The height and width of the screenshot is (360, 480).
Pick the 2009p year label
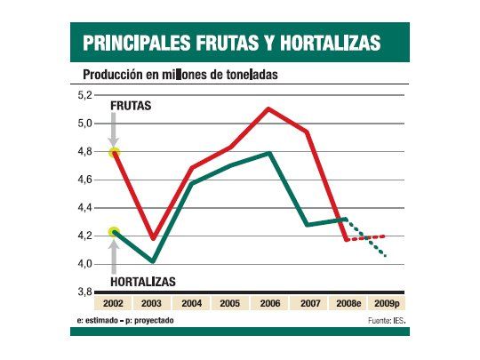tap(386, 303)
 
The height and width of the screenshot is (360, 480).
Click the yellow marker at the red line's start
tap(114, 153)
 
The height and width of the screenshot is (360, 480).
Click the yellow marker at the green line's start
tap(114, 232)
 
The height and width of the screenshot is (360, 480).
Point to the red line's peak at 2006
tap(268, 108)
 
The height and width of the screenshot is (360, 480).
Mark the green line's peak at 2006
tap(268, 154)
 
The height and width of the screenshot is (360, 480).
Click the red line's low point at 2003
tap(153, 239)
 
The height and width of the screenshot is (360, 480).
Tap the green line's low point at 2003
tap(153, 261)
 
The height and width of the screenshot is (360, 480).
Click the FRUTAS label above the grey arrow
tap(130, 106)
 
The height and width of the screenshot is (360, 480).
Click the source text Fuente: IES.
tap(385, 319)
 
